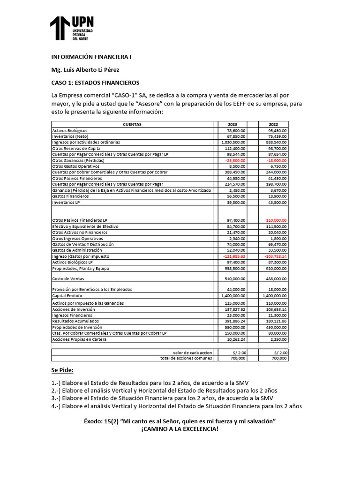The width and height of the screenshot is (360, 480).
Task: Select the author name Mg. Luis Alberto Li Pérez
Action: tap(85, 70)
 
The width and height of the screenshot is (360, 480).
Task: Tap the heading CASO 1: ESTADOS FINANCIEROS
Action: tap(95, 83)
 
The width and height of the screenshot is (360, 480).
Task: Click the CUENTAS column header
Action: tap(132, 124)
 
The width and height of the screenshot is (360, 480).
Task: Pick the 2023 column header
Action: tap(232, 124)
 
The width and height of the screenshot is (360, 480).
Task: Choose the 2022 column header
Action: tap(274, 124)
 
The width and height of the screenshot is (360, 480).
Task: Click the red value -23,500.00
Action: tap(235, 160)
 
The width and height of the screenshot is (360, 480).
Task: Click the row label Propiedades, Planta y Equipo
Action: tap(78, 269)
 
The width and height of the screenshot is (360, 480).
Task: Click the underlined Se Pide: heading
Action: tap(62, 370)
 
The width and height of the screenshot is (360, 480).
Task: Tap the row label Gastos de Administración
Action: tap(76, 250)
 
